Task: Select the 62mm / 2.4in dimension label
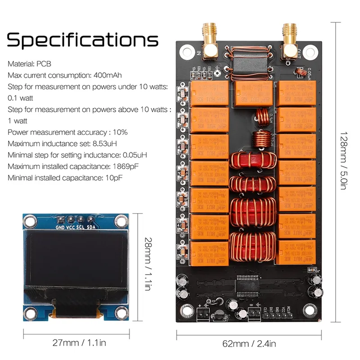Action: coord(249,344)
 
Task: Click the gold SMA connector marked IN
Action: coord(210,41)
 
